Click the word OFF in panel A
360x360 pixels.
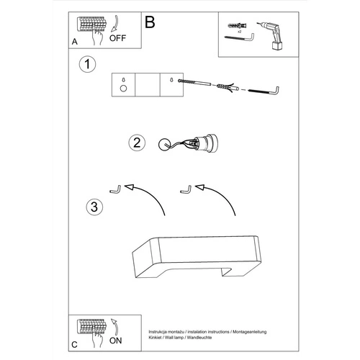[x=117, y=38]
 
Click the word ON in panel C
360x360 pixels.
[x=116, y=341]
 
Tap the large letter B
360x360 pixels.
[x=150, y=22]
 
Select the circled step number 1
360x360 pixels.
[x=87, y=64]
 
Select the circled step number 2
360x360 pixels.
[x=137, y=143]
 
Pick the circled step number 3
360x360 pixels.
[x=94, y=207]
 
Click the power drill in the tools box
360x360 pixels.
[x=271, y=35]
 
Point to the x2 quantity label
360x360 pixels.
[x=239, y=32]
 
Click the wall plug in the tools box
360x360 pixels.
[x=238, y=25]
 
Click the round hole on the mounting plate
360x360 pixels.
[x=123, y=89]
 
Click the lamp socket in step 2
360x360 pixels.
[x=207, y=143]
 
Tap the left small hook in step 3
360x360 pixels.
[x=116, y=189]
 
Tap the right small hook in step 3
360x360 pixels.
[x=186, y=189]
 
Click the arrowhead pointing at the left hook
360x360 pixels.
[x=129, y=187]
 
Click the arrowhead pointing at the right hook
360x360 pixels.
[x=199, y=187]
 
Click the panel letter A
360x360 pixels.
[x=75, y=42]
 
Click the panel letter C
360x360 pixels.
[x=74, y=345]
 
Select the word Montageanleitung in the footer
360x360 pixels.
[x=250, y=332]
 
